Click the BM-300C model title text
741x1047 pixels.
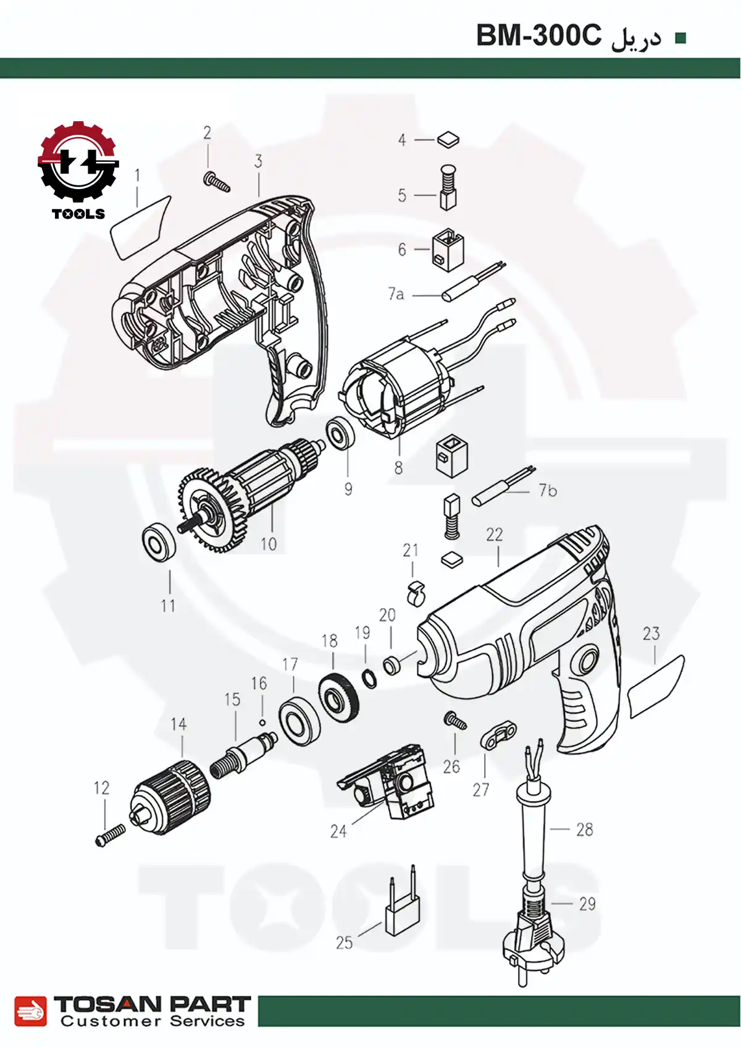pos(538,37)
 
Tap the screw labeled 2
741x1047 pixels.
pos(216,182)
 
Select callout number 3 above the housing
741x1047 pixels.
pos(258,161)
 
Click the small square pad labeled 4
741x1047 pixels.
pos(448,140)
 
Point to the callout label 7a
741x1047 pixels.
pos(396,294)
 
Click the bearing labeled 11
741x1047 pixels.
pos(158,543)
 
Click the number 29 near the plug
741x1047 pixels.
pos(587,904)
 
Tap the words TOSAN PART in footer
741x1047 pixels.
pos(152,1004)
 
